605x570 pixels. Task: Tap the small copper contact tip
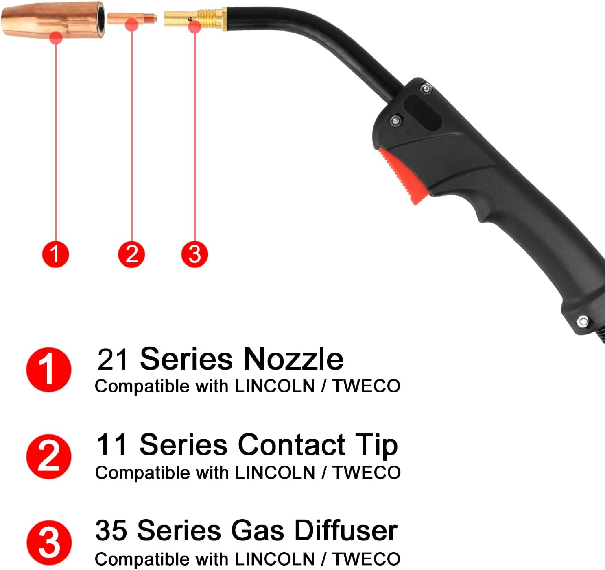[x=132, y=18]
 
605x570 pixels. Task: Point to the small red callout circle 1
[x=55, y=254]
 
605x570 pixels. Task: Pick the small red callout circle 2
[x=131, y=254]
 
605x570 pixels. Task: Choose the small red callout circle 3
[x=194, y=254]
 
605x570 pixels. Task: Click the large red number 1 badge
[x=49, y=369]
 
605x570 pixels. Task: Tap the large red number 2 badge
[x=49, y=456]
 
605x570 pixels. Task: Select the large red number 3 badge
[x=49, y=542]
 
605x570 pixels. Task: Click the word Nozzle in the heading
[x=293, y=359]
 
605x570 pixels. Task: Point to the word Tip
[x=376, y=445]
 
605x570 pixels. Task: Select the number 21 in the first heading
[x=113, y=359]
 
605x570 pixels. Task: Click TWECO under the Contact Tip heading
[x=367, y=473]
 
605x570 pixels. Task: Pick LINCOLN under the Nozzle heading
[x=275, y=386]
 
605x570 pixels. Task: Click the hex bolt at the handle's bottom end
[x=583, y=321]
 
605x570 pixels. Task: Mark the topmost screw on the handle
[x=426, y=88]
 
